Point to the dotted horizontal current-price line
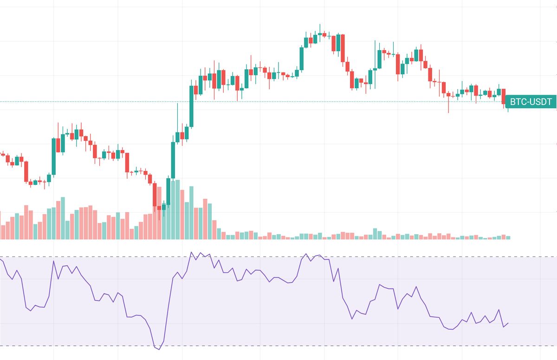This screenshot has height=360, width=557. click(x=93, y=101)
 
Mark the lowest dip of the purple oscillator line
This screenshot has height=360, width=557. click(x=159, y=349)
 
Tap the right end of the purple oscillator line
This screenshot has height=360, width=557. click(x=509, y=323)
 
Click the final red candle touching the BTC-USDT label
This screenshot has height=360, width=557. click(x=504, y=97)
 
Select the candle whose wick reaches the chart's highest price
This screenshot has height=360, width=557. click(x=320, y=34)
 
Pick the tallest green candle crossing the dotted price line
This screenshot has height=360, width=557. click(x=191, y=105)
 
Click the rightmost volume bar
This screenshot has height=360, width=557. click(x=509, y=237)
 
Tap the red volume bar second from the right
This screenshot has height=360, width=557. click(x=504, y=237)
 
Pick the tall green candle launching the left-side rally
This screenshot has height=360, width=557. click(x=53, y=156)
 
